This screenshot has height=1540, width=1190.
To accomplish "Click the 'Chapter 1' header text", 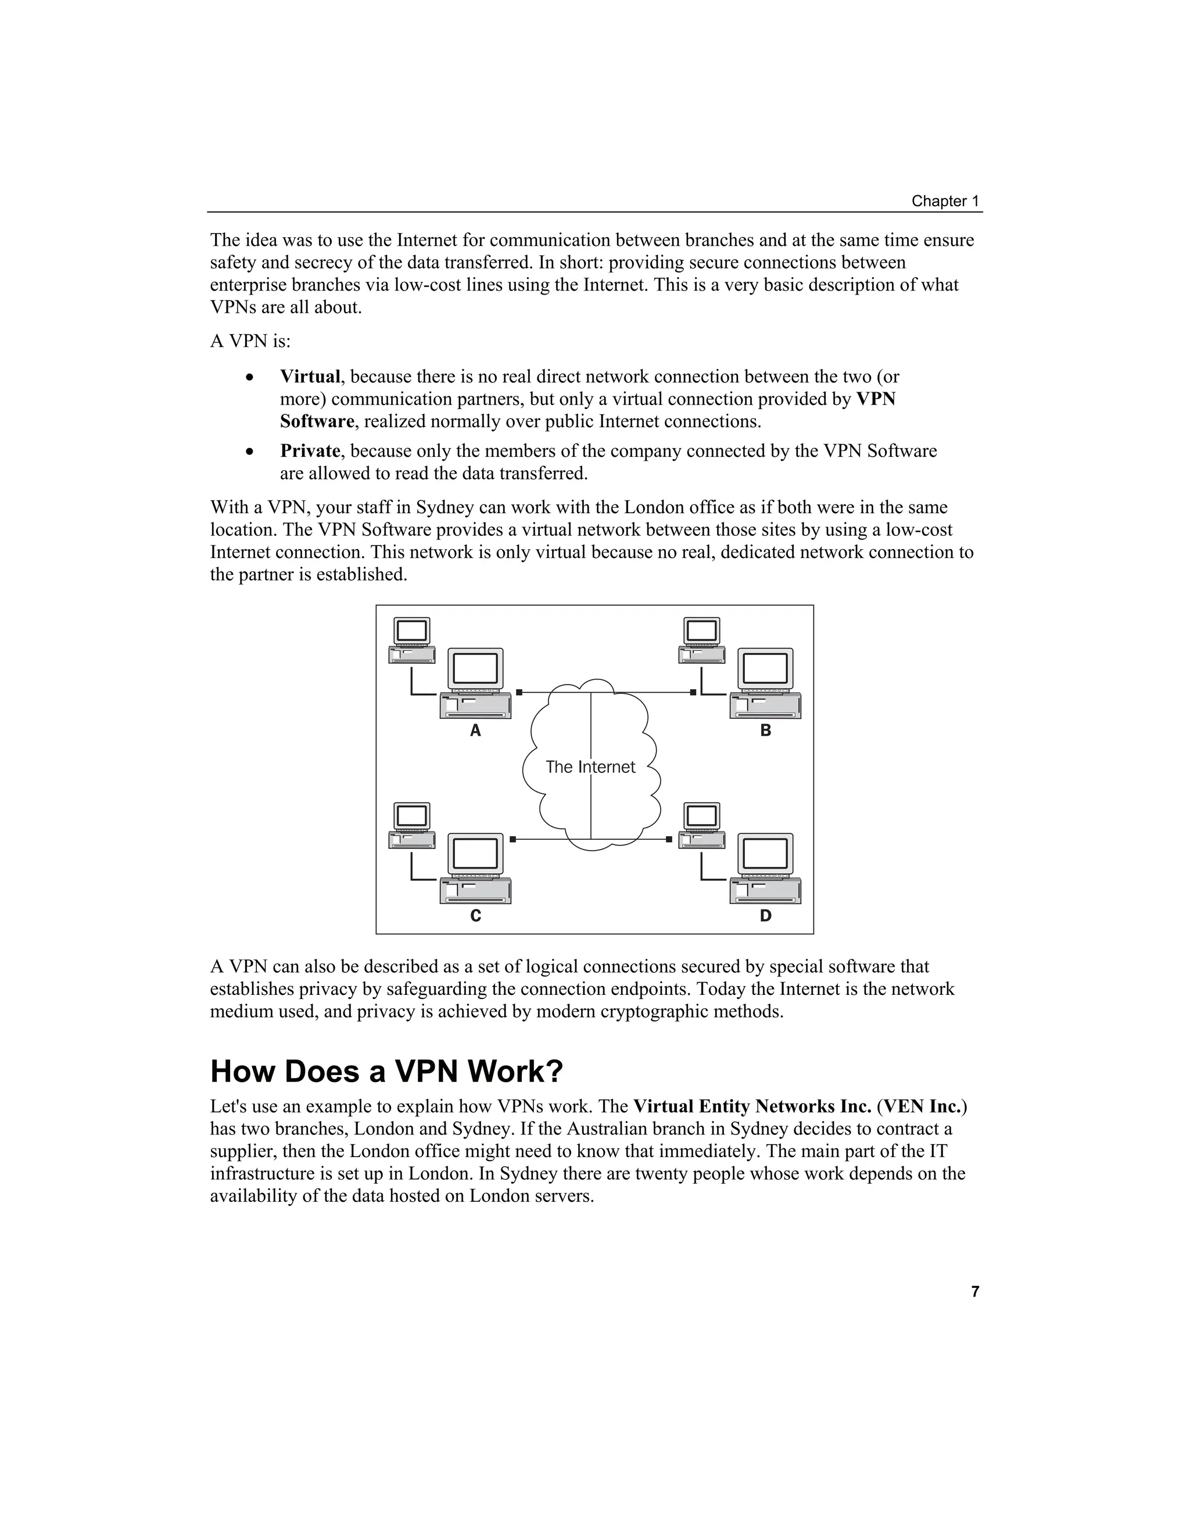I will (x=945, y=201).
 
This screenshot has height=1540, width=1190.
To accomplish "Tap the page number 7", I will (x=975, y=1291).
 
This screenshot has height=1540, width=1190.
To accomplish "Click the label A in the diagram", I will (x=475, y=730).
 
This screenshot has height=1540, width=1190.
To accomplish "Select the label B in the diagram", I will (x=766, y=730).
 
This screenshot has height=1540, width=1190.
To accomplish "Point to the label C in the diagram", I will (x=475, y=916).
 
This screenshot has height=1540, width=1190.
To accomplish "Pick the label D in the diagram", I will (x=766, y=916).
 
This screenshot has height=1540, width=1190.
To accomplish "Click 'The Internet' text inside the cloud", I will (x=590, y=767).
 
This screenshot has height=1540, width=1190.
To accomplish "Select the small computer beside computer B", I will (x=702, y=640).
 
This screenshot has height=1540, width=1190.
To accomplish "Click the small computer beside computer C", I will (x=413, y=826).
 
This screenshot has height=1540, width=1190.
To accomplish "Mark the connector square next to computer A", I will (x=519, y=693).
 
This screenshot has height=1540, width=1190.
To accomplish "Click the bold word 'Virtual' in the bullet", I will (x=310, y=377).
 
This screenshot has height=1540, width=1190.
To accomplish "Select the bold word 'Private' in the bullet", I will (x=310, y=450).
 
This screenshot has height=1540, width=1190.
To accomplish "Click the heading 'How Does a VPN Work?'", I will (x=386, y=1071).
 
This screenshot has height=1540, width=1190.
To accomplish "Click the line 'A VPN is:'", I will (x=250, y=341).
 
